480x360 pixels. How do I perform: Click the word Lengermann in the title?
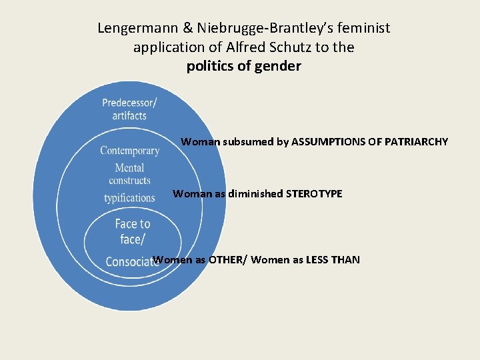point(137,29)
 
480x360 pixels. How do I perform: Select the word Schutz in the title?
point(301,47)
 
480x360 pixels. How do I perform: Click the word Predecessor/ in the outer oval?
point(129,103)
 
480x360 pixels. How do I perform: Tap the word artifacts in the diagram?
point(129,116)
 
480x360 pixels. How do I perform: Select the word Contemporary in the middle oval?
point(129,151)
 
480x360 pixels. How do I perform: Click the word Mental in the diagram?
point(129,168)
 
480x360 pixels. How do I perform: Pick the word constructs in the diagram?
point(129,181)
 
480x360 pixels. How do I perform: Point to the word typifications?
point(129,198)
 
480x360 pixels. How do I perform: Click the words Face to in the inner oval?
point(133,224)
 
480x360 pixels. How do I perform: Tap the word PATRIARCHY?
point(417,142)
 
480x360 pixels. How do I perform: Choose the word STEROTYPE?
point(314,194)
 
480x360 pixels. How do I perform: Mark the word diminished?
point(256,194)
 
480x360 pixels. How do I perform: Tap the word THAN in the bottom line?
point(345,260)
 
